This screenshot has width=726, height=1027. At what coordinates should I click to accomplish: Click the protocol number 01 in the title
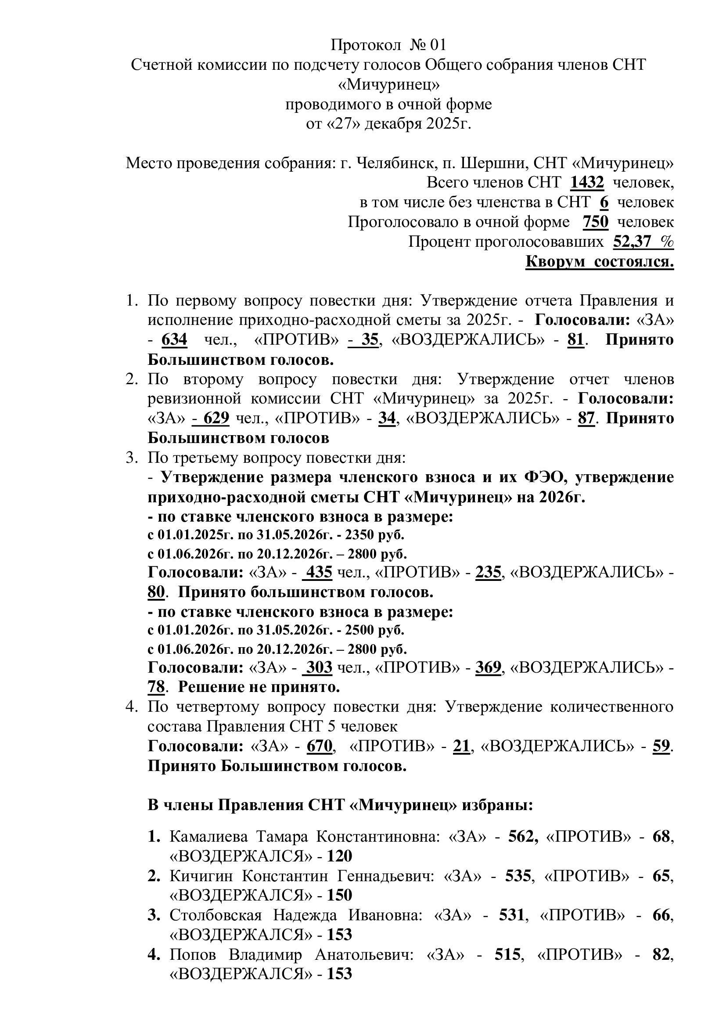[x=438, y=45]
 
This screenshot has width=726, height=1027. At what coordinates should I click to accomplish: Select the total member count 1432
[x=587, y=183]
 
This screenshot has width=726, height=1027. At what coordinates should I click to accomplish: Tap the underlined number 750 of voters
[x=596, y=222]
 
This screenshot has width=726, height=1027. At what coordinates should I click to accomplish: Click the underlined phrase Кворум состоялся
[x=600, y=262]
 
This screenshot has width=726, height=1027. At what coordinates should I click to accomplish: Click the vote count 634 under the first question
[x=174, y=340]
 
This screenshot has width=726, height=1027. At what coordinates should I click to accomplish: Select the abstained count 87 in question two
[x=586, y=418]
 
